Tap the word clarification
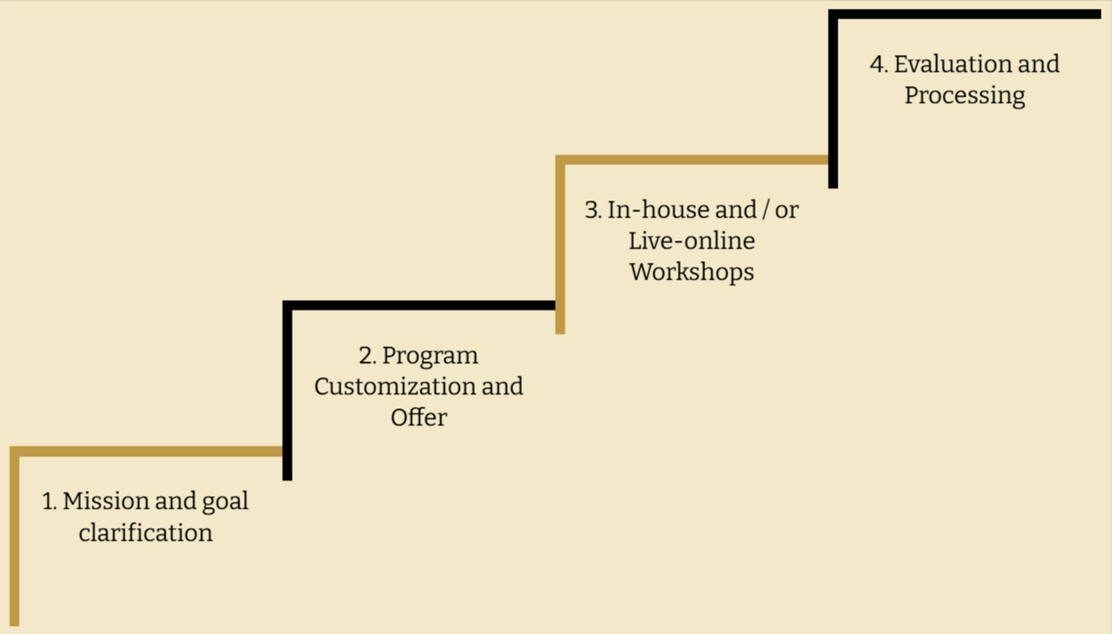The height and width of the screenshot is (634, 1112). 145,533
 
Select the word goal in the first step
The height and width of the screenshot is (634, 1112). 225,502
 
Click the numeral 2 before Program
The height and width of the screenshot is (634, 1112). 366,356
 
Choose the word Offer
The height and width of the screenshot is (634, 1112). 419,418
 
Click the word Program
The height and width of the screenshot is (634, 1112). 430,356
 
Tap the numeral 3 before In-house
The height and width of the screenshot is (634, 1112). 592,210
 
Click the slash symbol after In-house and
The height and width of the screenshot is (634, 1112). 766,210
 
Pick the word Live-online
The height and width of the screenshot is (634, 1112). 692,241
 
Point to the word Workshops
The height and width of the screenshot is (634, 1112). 692,272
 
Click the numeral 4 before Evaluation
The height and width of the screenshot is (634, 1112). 878,64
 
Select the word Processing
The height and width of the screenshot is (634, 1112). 964,96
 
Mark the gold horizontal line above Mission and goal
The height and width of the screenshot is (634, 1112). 148,451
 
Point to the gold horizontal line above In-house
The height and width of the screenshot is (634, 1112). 693,159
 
